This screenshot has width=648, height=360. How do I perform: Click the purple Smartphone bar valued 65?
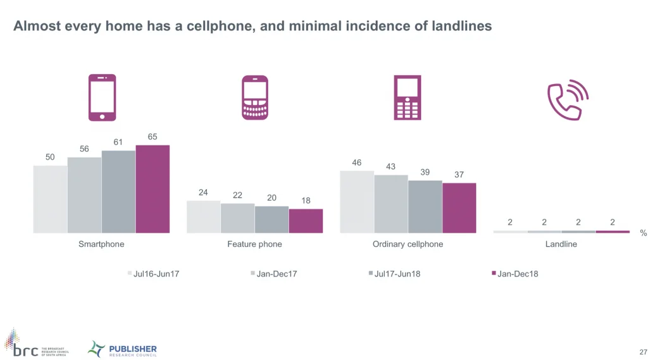[x=153, y=189]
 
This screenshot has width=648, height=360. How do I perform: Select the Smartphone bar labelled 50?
[x=50, y=199]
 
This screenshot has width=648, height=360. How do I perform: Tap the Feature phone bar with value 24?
[x=203, y=217]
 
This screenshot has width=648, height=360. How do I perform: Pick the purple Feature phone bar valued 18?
[x=306, y=221]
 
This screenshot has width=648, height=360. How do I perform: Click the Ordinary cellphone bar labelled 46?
[x=357, y=202]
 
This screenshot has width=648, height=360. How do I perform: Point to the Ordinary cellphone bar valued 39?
[x=425, y=207]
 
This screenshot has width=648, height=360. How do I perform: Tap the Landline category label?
[x=561, y=244]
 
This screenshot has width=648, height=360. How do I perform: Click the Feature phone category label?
[x=254, y=244]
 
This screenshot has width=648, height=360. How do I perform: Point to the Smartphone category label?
[x=101, y=244]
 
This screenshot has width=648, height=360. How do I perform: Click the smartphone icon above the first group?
[x=102, y=97]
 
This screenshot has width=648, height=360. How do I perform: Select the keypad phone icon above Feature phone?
[x=255, y=97]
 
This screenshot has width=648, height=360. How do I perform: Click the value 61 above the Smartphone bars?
[x=118, y=142]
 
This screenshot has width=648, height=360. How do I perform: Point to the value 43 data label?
[x=391, y=167]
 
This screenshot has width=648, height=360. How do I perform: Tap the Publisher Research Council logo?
[x=122, y=349]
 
